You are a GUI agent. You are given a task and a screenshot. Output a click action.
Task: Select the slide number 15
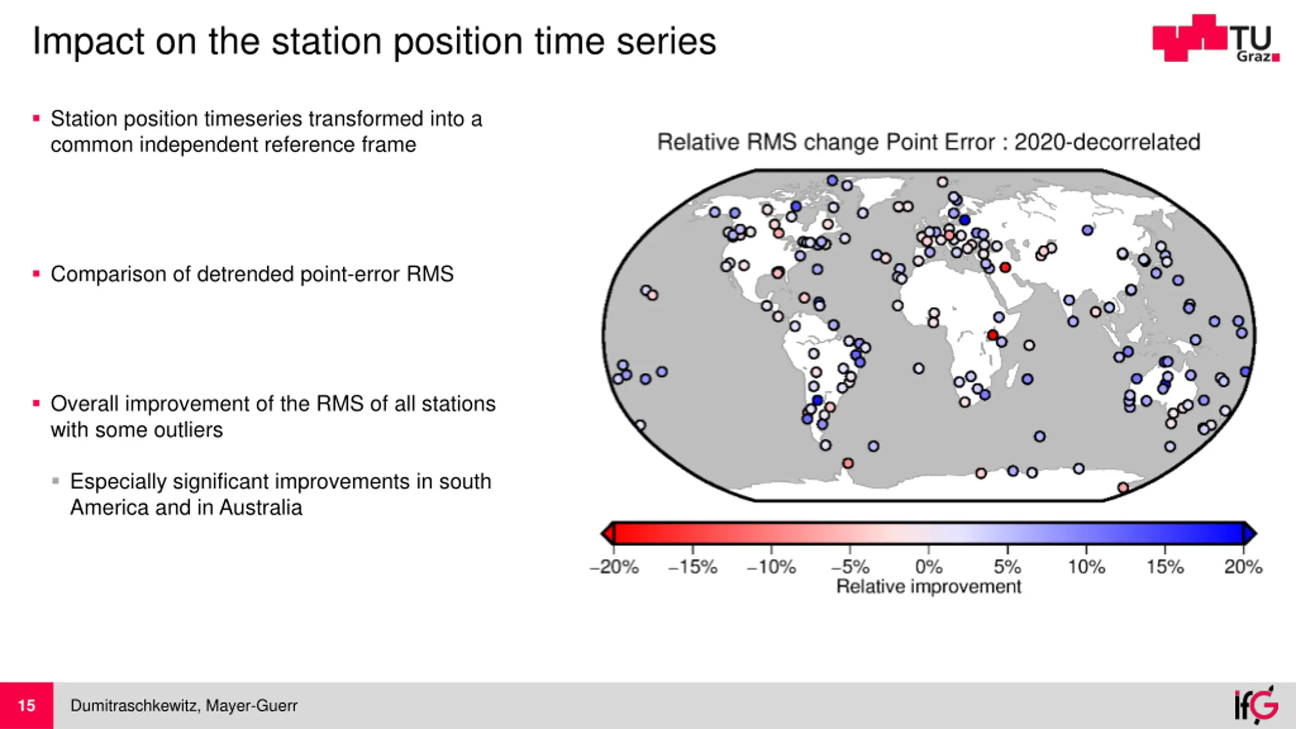tap(26, 705)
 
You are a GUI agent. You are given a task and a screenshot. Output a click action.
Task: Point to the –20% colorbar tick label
tap(614, 566)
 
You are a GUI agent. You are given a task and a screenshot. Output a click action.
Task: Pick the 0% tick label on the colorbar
tap(929, 566)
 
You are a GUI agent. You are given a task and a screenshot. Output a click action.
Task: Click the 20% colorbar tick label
tap(1243, 566)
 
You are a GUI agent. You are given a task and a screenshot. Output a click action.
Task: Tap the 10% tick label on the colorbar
tap(1086, 566)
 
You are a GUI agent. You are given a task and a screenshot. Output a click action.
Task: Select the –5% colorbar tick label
tap(850, 566)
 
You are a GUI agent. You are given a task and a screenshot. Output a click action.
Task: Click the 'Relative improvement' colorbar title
tap(928, 586)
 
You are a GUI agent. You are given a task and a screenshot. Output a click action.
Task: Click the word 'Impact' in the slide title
tap(89, 42)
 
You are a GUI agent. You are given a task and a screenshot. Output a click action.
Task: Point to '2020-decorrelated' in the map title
tap(1107, 142)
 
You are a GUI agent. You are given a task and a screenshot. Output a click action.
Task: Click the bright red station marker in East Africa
tap(993, 335)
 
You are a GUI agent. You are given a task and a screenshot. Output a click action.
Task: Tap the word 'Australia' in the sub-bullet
tap(261, 507)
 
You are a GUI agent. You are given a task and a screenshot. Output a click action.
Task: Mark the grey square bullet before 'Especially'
tap(56, 480)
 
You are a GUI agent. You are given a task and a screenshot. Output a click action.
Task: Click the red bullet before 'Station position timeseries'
tap(36, 119)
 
